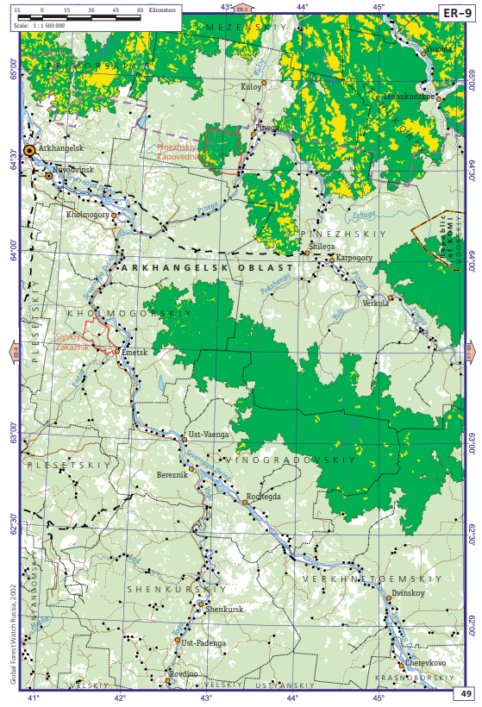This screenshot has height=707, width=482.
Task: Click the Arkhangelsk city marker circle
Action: pyautogui.click(x=30, y=150)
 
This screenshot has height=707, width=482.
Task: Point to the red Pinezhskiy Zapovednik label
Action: pyautogui.click(x=178, y=153)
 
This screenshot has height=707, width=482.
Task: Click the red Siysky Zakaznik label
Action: pyautogui.click(x=72, y=341)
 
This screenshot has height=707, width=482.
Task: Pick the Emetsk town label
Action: pyautogui.click(x=136, y=353)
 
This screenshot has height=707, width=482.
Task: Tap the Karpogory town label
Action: pyautogui.click(x=354, y=257)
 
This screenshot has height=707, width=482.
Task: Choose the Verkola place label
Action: pyautogui.click(x=376, y=303)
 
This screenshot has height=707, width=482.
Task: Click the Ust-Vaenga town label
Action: pyautogui.click(x=208, y=435)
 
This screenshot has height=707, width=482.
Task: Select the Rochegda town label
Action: pyautogui.click(x=264, y=496)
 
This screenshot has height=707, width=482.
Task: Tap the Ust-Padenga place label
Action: pyautogui.click(x=204, y=642)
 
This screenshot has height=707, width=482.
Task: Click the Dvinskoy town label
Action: pyautogui.click(x=408, y=594)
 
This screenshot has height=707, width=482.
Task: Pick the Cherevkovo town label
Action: pyautogui.click(x=425, y=662)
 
